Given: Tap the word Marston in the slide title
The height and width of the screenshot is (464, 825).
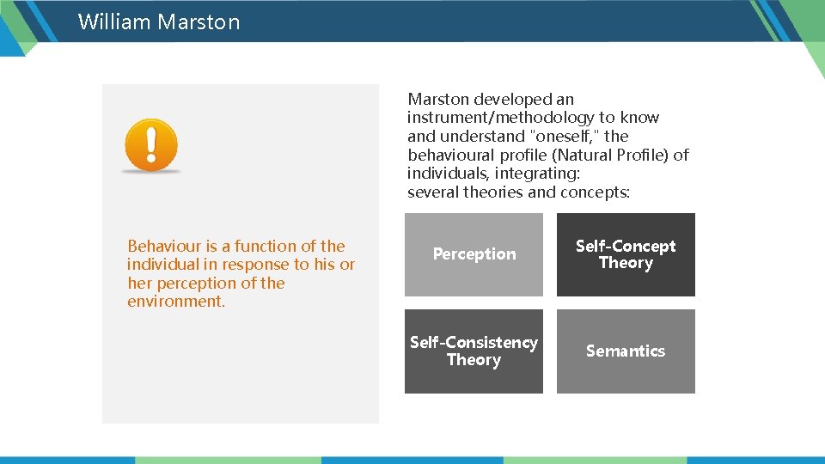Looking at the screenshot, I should pos(199,21).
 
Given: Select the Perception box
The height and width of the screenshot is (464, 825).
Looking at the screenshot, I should pos(474,254).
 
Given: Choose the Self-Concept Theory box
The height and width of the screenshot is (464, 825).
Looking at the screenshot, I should pos(626,254).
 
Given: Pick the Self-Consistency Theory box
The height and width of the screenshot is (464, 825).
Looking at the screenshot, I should pos(474,351).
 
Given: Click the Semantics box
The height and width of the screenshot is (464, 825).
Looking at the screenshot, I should pos(626,351).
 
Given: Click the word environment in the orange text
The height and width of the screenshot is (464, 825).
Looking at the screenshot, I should pos(175,302).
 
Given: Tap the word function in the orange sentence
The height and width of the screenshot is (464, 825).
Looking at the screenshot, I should pos(265,246).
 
